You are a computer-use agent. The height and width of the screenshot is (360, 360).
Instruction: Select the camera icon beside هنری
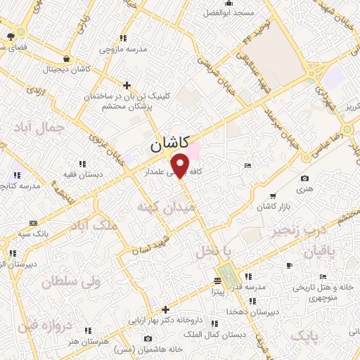tap(304, 179)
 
